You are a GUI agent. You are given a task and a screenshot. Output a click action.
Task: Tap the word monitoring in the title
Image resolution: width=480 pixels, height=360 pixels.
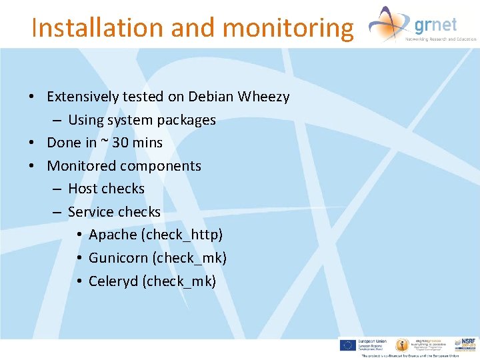click(287, 28)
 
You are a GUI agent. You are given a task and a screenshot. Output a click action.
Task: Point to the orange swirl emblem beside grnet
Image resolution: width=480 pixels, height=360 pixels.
click(389, 24)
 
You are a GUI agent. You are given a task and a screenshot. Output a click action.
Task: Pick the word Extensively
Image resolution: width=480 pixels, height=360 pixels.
click(81, 97)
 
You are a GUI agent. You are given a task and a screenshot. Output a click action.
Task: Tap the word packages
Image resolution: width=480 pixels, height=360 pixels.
click(187, 120)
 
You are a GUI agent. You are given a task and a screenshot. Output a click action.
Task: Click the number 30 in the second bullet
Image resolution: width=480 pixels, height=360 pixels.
click(121, 143)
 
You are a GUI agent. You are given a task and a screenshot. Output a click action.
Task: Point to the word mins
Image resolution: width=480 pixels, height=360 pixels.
click(148, 143)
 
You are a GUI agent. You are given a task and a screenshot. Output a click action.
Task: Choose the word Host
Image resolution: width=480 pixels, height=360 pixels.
click(83, 189)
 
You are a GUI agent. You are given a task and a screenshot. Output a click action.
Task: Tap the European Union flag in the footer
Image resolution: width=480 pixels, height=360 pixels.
click(347, 345)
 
